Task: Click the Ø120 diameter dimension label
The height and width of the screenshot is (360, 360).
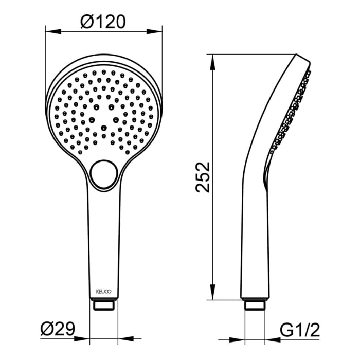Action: (x=103, y=22)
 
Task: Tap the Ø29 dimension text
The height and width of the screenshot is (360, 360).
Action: (x=57, y=328)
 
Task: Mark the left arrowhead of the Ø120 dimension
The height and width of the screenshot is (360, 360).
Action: (x=50, y=31)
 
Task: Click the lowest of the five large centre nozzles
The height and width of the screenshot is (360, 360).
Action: (x=103, y=127)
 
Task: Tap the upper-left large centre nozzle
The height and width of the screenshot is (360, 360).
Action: (x=96, y=107)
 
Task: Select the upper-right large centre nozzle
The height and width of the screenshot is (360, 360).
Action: (x=112, y=107)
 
